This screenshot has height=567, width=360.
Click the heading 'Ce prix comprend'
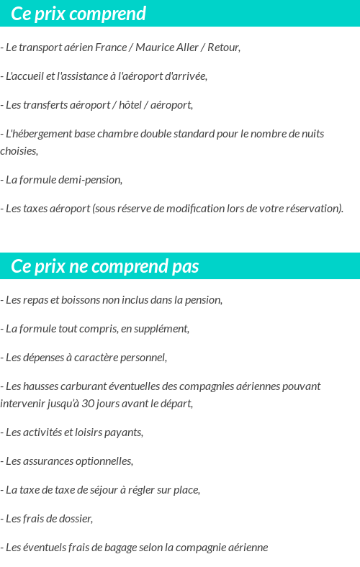tap(78, 14)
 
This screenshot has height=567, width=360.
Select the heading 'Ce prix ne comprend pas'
tap(105, 266)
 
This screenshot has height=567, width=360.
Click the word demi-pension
tap(91, 180)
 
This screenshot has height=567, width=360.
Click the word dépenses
tap(46, 358)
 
